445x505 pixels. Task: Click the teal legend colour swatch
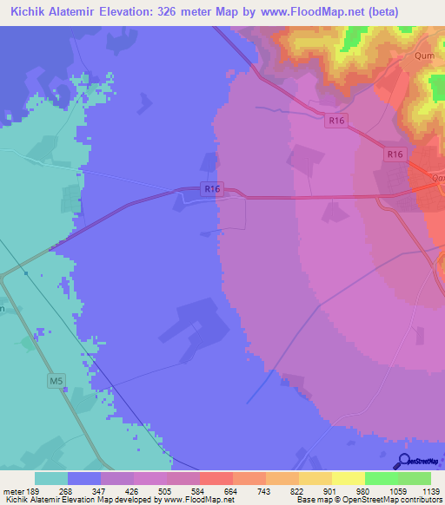point(51,477)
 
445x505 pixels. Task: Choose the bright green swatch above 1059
point(381,477)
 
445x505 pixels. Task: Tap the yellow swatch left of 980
point(348,477)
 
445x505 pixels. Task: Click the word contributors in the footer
point(423,499)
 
